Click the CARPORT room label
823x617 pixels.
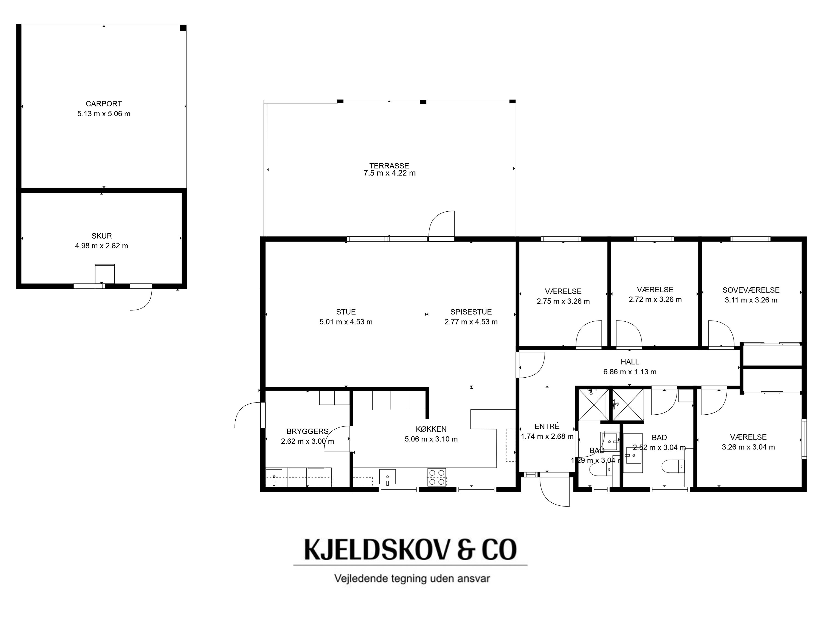point(104,104)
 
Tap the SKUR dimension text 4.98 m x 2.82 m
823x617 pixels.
point(102,246)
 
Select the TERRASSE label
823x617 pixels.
point(389,166)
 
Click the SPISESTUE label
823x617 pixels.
point(471,312)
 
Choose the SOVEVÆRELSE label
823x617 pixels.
point(751,290)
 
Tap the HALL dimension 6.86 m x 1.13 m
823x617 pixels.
point(630,372)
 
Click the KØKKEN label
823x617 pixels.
point(431,429)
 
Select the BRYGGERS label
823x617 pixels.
point(307,431)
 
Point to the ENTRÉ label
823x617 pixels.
point(547,427)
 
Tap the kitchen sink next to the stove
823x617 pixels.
point(387,477)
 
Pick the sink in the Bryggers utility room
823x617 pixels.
point(274,477)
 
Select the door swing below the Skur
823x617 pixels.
point(141,298)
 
